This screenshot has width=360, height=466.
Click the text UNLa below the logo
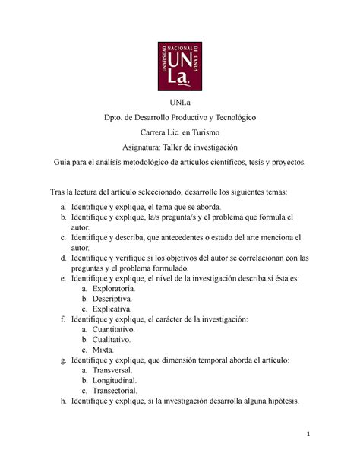[x=180, y=103]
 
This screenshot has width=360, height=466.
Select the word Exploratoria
[x=114, y=289]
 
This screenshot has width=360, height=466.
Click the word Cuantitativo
[x=113, y=331]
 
